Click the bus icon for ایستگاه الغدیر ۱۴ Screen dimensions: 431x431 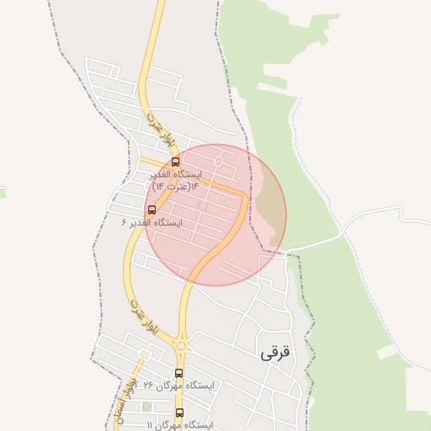pos(175,162)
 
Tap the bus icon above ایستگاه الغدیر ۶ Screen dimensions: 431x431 pos(152,210)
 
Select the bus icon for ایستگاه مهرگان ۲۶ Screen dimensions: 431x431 pos(178,373)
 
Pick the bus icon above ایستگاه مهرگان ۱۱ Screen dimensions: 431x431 pos(178,412)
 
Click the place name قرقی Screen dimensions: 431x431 pos(274,353)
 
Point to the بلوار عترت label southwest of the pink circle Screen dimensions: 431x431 pos(136,307)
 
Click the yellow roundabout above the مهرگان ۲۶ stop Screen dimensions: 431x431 pos(181,344)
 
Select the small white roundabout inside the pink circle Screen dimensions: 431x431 pos(219,160)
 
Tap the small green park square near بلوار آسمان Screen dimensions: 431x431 pos(146,407)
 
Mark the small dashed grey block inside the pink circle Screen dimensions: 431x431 pos(202,205)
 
